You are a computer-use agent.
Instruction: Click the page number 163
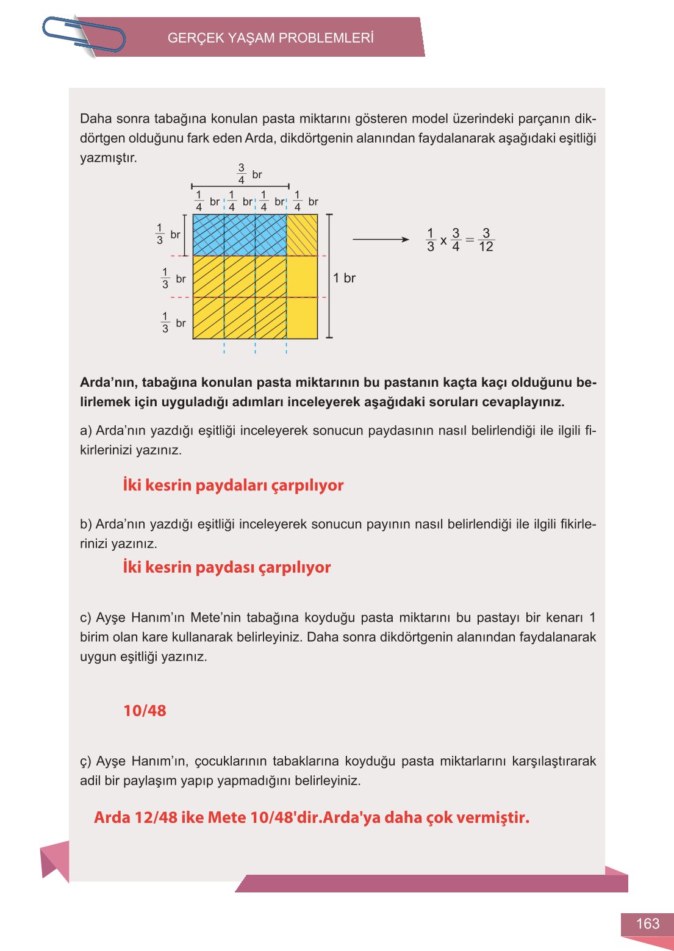tap(647, 924)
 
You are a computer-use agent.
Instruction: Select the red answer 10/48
tap(145, 711)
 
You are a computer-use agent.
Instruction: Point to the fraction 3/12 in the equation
tap(486, 240)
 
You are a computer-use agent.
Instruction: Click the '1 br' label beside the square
tap(344, 278)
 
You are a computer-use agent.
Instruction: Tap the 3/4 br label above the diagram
tap(248, 174)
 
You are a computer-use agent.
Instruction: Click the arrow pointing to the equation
tap(381, 240)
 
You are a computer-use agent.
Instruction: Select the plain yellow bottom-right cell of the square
tap(302, 318)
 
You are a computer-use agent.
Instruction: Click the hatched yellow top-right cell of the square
tap(302, 235)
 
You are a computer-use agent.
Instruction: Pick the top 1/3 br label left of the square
tap(167, 234)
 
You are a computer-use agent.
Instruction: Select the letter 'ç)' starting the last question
tap(85, 761)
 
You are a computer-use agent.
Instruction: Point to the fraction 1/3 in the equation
tap(430, 240)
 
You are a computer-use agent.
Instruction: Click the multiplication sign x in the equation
tap(443, 240)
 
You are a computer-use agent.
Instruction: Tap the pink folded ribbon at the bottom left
tap(55, 861)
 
